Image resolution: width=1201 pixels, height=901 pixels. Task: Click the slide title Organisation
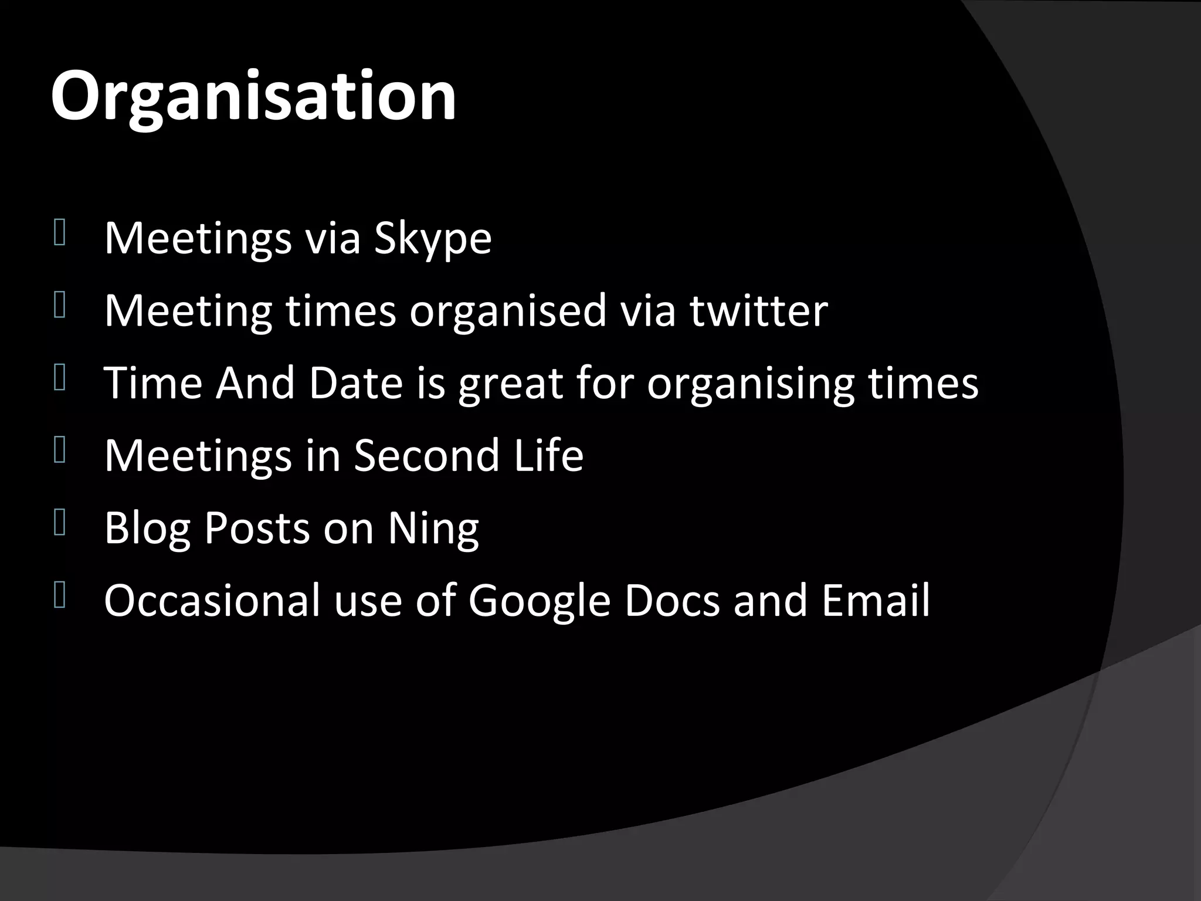tap(253, 97)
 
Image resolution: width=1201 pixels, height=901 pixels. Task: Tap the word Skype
tap(433, 239)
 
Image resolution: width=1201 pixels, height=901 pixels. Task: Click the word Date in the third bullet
tap(356, 383)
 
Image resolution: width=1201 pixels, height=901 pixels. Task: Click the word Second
tap(426, 455)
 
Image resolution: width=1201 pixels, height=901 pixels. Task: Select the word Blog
tap(147, 529)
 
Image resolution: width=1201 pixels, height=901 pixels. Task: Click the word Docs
tap(671, 601)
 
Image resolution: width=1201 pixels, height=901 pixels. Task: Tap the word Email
tap(876, 601)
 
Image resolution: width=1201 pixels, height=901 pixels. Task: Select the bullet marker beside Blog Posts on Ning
tap(59, 522)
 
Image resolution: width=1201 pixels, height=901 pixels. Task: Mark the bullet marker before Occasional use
tap(59, 595)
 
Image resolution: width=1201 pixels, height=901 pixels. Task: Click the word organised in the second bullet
tap(508, 311)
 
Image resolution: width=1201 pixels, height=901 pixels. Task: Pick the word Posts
tap(257, 529)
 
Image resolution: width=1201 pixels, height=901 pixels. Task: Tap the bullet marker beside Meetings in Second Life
tap(59, 450)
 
